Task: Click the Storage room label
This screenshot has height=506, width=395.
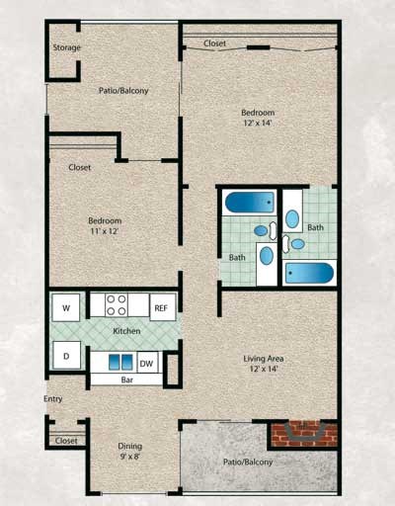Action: pos(66,47)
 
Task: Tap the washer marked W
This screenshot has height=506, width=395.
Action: pos(66,307)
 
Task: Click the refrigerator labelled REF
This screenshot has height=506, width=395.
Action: pos(162,307)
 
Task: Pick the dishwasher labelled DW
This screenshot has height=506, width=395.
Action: pos(146,363)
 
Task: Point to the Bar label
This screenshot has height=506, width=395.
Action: pos(127,379)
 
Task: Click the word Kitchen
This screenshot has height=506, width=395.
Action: pos(126,331)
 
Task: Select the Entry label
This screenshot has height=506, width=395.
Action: pos(53,399)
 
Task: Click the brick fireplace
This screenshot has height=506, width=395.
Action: pos(303,432)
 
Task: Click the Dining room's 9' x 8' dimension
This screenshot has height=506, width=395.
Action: pos(131,458)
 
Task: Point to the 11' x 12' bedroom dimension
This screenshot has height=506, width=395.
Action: pos(105,230)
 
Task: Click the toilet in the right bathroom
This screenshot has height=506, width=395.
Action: pos(292,218)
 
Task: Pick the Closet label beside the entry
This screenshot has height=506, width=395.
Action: pos(66,441)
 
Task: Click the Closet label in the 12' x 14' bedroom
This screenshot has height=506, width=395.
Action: pos(214,44)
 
